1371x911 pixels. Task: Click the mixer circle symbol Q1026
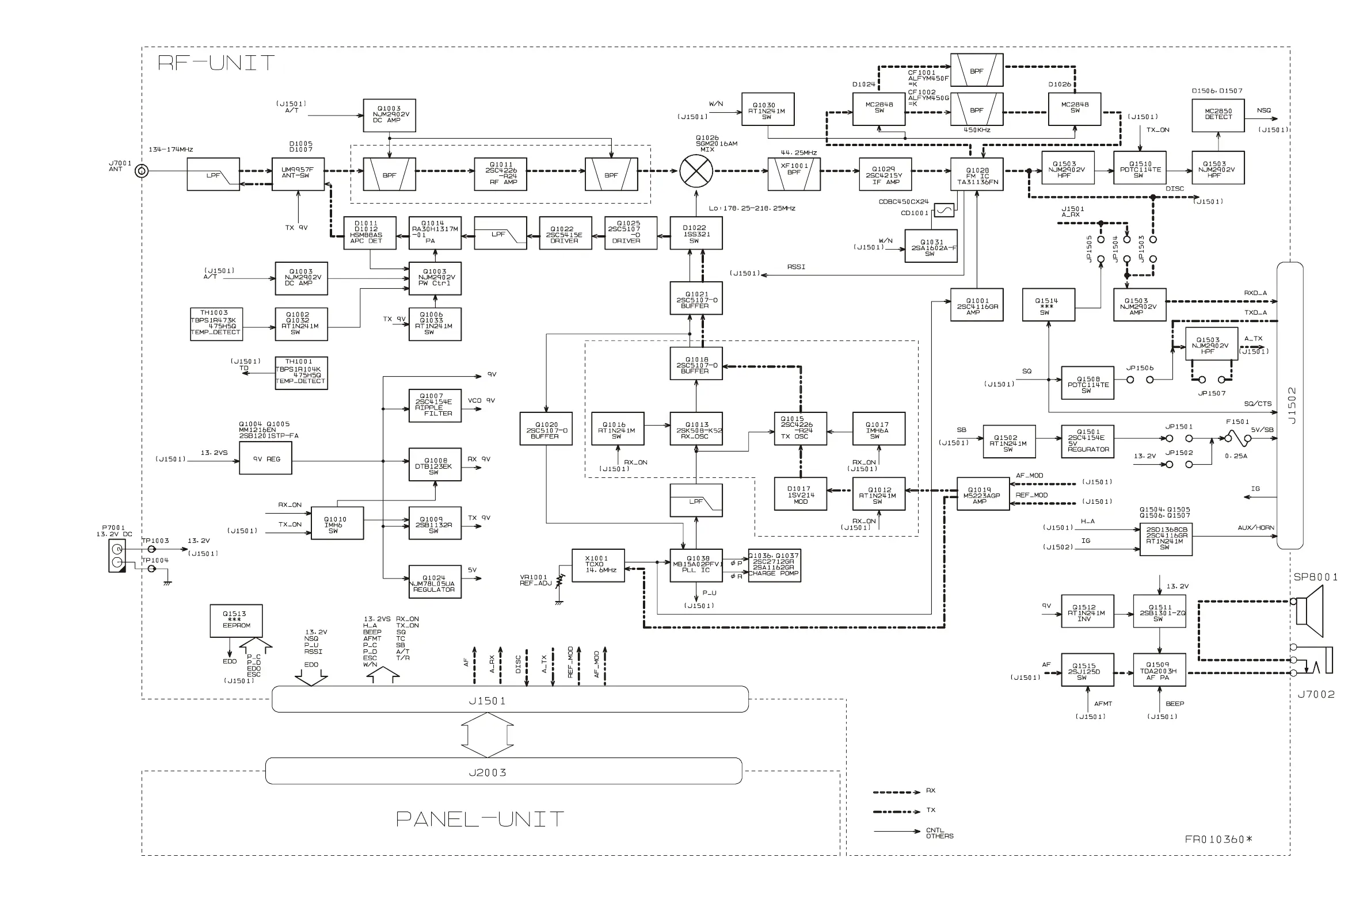pos(696,171)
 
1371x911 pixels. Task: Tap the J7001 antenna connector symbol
pos(141,171)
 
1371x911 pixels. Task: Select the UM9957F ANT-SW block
pos(298,174)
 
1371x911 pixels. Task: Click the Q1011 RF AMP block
pos(501,174)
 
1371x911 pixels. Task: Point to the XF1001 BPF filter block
pos(794,174)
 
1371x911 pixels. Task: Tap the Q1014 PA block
pos(435,233)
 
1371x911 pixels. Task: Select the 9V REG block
pos(266,458)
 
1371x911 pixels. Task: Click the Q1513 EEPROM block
pos(235,620)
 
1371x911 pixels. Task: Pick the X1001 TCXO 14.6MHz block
pos(597,565)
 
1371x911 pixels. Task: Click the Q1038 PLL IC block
pos(696,565)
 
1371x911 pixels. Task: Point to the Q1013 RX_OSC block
pos(696,430)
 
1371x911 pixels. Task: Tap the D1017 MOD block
pos(800,494)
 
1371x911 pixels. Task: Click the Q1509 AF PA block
pos(1159,670)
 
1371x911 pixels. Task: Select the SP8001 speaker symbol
pos(1312,611)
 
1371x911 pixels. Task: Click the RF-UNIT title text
pos(216,63)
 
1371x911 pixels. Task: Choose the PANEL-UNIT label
pos(479,819)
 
